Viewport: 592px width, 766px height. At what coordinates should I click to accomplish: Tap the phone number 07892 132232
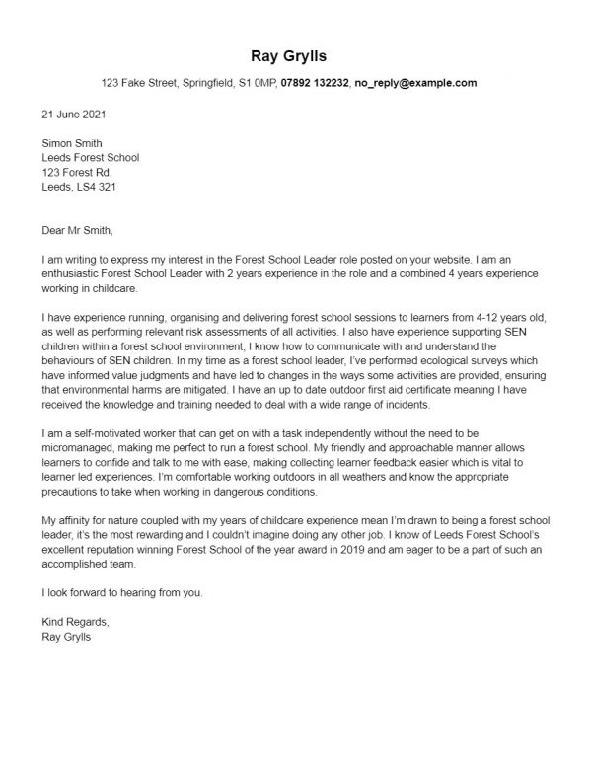(x=315, y=83)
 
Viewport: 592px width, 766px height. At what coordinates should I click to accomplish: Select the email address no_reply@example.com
(x=415, y=83)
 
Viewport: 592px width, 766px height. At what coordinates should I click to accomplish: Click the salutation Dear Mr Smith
(x=78, y=232)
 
